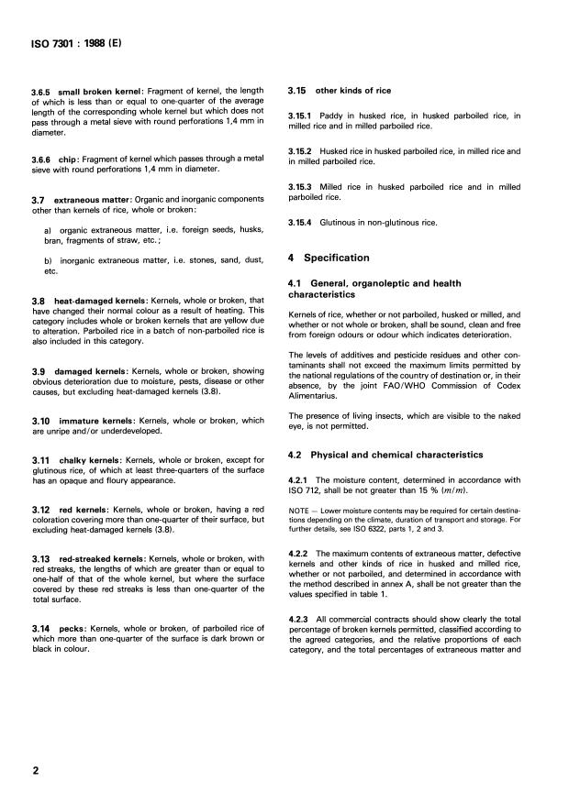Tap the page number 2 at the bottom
[x=36, y=771]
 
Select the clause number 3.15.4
[x=303, y=223]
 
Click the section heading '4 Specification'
[x=329, y=258]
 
